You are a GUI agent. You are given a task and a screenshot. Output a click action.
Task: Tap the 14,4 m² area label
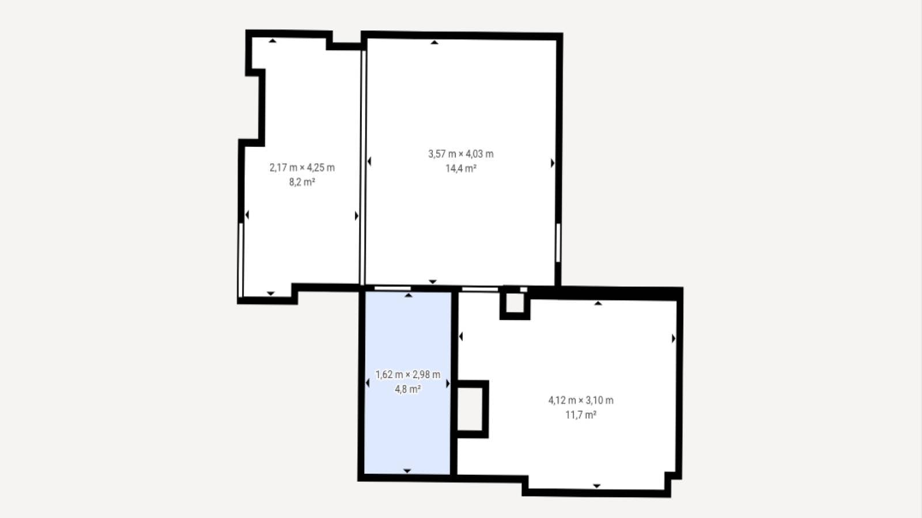pos(461,168)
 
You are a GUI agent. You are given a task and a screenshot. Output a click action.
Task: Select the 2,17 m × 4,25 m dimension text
pos(302,167)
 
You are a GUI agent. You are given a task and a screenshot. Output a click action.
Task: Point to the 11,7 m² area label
pos(581,414)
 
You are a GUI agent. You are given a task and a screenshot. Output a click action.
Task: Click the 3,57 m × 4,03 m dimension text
pos(461,154)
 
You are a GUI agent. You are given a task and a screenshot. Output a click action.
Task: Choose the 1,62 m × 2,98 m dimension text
pos(408,375)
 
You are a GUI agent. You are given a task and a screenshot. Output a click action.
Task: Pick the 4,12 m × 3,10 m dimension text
pos(581,400)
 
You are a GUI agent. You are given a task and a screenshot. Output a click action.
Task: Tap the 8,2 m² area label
pos(302,182)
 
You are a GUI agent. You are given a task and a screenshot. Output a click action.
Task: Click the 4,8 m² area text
pos(408,389)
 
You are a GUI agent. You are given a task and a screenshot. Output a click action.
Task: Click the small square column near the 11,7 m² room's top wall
pos(515,304)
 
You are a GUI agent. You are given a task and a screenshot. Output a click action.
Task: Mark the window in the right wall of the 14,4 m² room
pos(558,242)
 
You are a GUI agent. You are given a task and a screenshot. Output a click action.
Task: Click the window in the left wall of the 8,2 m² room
pos(241,260)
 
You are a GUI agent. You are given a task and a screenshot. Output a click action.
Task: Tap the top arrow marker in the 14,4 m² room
pos(434,42)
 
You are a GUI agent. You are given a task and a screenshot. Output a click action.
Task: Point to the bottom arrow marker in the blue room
pos(407,471)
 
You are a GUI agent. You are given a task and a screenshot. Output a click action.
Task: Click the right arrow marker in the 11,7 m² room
pos(674,338)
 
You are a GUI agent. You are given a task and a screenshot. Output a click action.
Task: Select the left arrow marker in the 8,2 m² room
pos(247,215)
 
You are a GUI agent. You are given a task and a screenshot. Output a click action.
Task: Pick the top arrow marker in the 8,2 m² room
pos(273,41)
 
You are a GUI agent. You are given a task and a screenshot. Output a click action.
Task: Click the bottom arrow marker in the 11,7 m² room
pos(597,486)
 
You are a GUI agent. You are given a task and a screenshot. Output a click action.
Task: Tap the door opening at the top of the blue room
pos(392,288)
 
